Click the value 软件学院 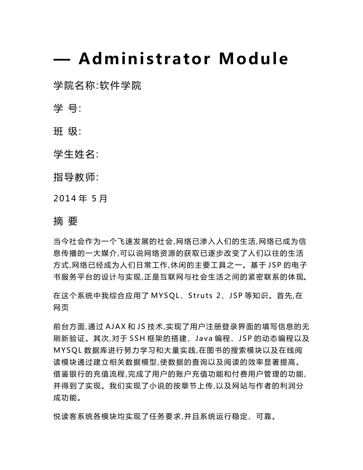click(x=120, y=86)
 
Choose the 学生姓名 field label click(x=75, y=154)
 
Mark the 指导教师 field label click(x=75, y=177)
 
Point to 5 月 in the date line click(x=100, y=199)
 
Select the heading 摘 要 click(x=66, y=221)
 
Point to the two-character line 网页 click(x=61, y=307)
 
